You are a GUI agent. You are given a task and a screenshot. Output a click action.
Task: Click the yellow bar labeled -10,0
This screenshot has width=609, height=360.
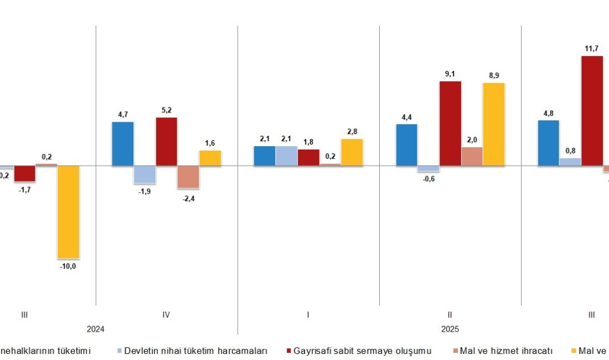click(69, 212)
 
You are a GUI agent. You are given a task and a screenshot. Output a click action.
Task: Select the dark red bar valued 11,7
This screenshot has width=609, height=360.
click(592, 111)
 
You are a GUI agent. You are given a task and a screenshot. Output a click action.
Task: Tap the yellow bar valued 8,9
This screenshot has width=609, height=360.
click(494, 124)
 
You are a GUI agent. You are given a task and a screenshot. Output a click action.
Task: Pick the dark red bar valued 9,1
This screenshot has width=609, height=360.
click(450, 124)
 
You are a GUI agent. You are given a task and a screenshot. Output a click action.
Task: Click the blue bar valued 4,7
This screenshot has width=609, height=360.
click(123, 143)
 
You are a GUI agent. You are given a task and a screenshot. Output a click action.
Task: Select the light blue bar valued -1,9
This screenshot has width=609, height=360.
click(144, 174)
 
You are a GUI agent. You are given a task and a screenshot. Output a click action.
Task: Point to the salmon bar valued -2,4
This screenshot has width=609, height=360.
click(188, 177)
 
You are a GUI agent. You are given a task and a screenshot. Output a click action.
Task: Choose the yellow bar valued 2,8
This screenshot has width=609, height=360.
click(352, 152)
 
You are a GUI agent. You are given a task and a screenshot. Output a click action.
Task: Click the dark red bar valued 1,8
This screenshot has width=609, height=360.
click(308, 157)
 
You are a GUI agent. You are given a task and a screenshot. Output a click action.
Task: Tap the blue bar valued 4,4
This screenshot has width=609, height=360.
click(407, 145)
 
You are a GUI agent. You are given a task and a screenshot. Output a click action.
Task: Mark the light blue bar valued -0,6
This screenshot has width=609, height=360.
click(429, 168)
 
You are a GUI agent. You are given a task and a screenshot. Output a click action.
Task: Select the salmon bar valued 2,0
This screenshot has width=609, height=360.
click(472, 156)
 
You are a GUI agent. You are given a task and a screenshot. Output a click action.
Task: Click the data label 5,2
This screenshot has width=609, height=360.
click(166, 110)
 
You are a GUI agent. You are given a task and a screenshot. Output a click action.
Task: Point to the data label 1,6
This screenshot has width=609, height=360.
click(210, 143)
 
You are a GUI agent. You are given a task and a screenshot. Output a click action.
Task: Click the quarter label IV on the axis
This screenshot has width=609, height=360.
click(166, 315)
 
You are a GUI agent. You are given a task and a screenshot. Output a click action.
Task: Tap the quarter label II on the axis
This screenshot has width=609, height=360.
click(450, 315)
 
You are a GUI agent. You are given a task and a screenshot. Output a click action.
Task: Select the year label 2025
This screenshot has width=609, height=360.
click(450, 328)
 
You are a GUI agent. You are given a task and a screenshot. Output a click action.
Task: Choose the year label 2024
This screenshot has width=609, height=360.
click(95, 328)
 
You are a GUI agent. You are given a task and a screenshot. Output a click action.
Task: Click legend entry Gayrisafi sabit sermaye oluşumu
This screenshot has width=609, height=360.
click(362, 351)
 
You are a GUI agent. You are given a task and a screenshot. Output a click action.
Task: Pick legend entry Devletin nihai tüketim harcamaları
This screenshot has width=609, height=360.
click(195, 351)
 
